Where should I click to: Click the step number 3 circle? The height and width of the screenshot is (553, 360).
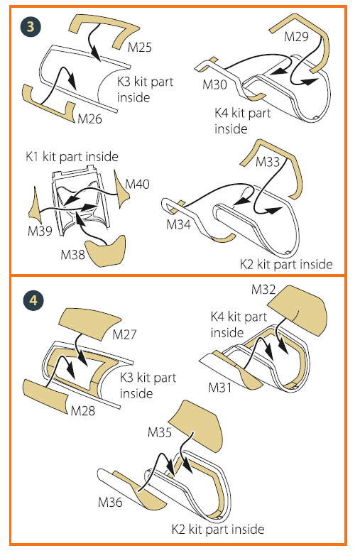click(31, 26)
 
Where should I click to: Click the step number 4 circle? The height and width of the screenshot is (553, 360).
click(33, 300)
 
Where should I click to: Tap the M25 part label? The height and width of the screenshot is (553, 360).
click(140, 47)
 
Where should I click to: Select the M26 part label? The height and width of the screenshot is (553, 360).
click(89, 119)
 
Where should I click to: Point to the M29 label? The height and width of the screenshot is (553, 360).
click(296, 37)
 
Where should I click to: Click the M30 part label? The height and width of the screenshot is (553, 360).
click(214, 84)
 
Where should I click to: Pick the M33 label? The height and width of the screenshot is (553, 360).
click(267, 162)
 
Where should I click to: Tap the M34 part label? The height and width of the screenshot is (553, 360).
click(178, 224)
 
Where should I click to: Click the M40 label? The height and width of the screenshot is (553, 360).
click(137, 184)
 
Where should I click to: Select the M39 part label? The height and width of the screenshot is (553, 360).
click(40, 231)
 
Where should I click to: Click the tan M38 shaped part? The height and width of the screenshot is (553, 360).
click(107, 251)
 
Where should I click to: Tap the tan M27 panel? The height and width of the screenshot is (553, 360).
click(89, 324)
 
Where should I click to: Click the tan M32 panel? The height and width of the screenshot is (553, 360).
click(298, 310)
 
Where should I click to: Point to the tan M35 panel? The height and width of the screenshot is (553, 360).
click(196, 425)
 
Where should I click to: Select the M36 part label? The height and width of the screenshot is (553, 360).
click(110, 502)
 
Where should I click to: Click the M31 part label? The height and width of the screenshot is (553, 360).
click(220, 387)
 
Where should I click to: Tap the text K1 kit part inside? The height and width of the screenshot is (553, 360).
click(72, 156)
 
